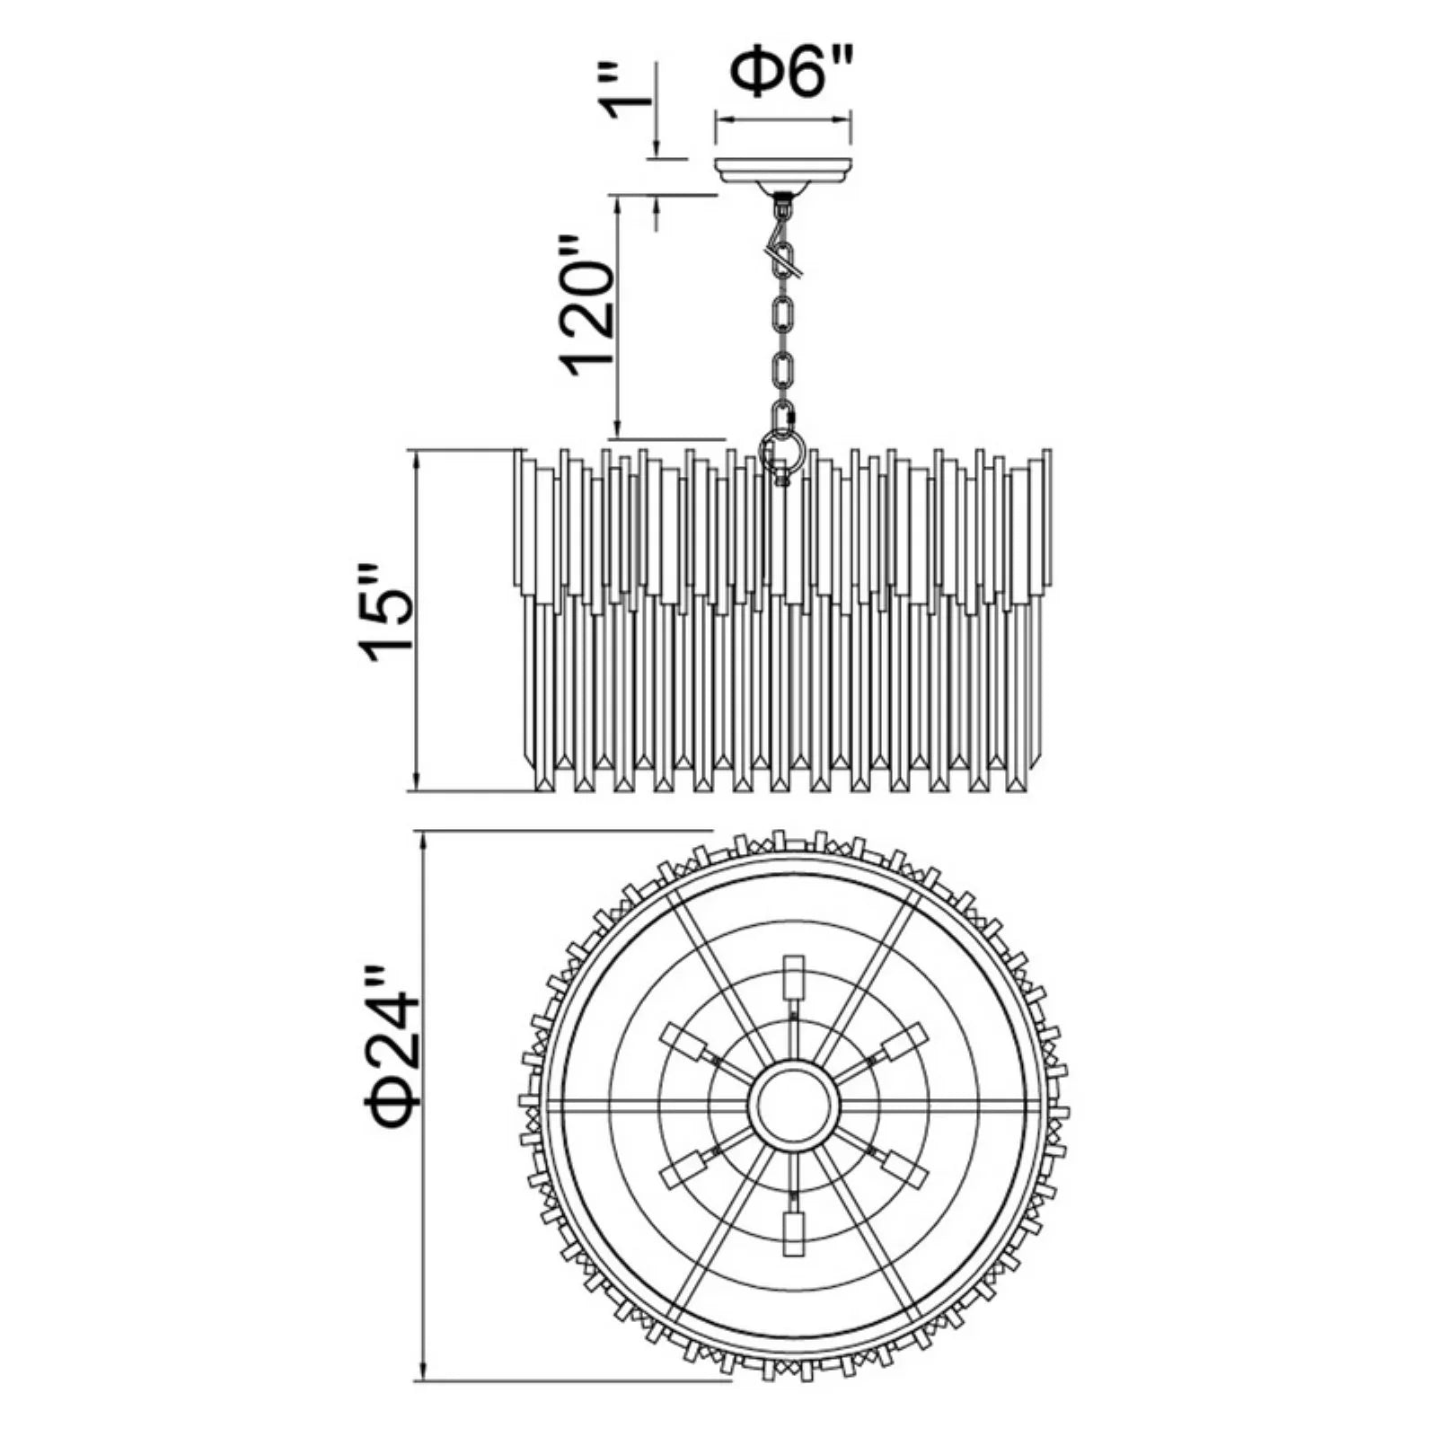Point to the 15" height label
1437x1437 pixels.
coord(387,613)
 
